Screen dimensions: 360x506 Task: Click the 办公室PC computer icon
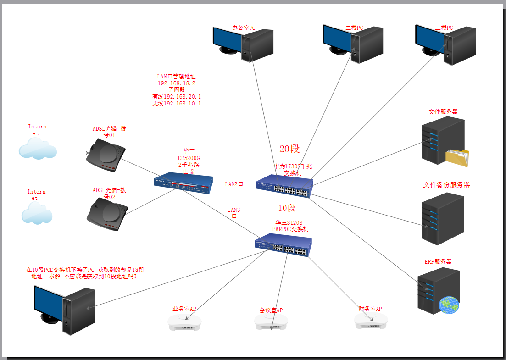[x=243, y=43]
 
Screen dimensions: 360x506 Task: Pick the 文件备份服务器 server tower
[x=443, y=218]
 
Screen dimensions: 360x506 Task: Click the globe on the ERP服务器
[x=449, y=305]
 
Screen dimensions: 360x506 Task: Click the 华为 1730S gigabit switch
[x=284, y=186]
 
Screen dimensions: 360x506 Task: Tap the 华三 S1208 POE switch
[x=283, y=247]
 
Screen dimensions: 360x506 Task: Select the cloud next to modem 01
[x=37, y=149]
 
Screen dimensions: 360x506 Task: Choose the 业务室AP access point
[x=184, y=322]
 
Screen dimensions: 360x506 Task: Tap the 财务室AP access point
[x=372, y=321]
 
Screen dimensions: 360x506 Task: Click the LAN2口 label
[x=234, y=184]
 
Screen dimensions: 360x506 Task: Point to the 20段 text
[x=289, y=149]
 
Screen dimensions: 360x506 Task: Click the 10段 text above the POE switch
[x=287, y=208]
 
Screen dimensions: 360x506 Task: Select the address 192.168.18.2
[x=177, y=83]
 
